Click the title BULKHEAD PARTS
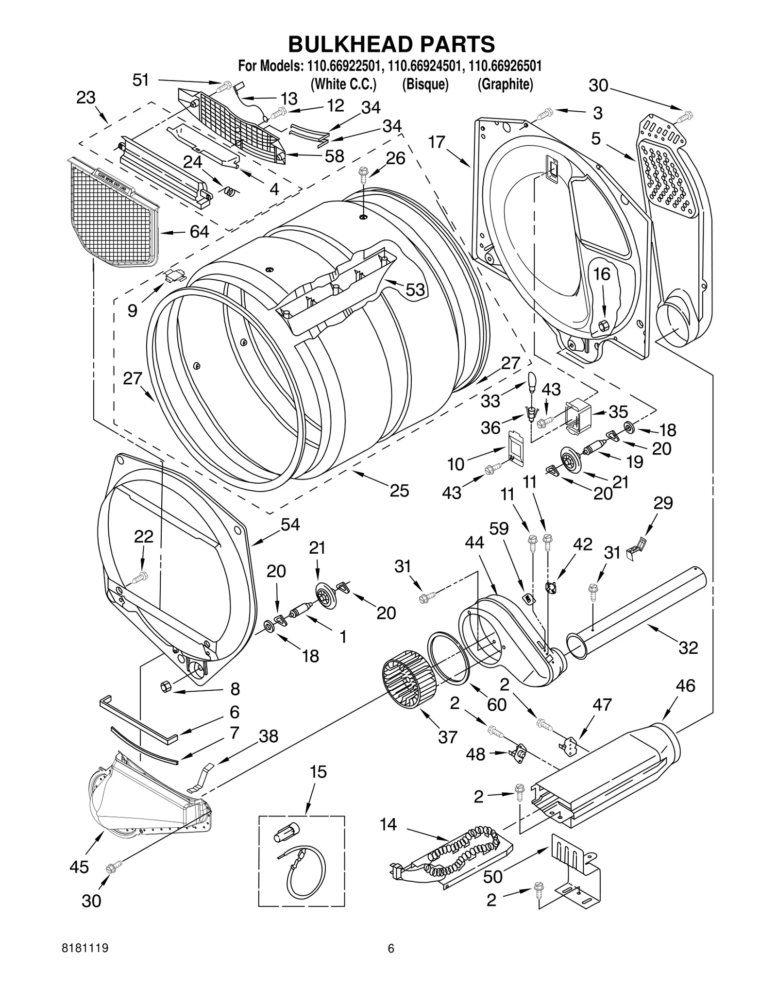(391, 44)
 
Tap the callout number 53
(415, 290)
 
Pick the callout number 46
(685, 685)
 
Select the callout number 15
(318, 772)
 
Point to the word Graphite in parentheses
(505, 84)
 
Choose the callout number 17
(437, 142)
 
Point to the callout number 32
(688, 648)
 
